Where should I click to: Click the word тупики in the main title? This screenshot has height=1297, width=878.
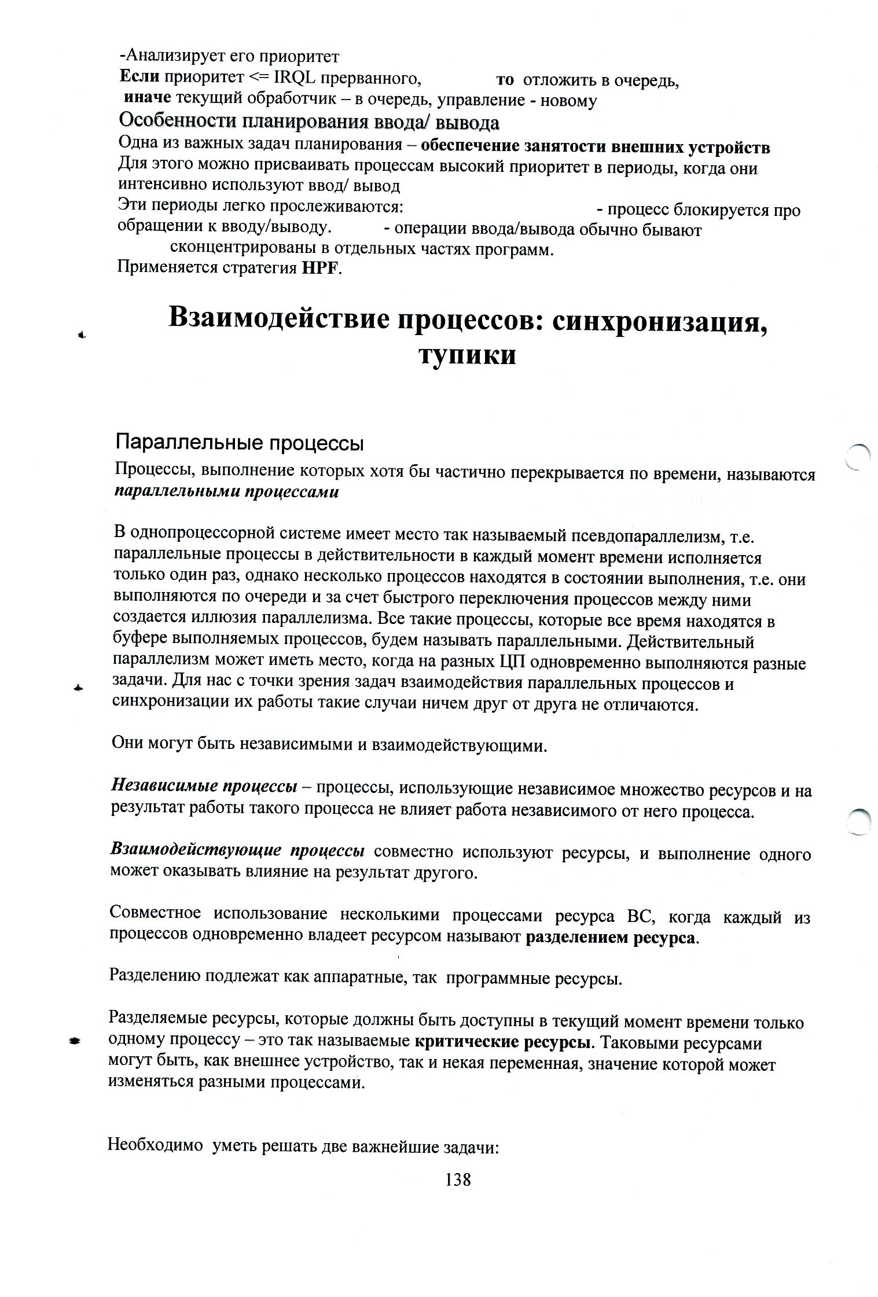click(466, 354)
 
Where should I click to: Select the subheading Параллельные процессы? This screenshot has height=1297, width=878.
click(240, 443)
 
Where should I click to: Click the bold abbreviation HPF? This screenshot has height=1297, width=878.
click(317, 269)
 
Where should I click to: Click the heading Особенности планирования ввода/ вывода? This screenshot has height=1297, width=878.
click(308, 123)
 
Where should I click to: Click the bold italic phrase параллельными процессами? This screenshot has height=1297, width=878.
click(226, 493)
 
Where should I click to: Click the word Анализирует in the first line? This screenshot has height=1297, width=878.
click(174, 56)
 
